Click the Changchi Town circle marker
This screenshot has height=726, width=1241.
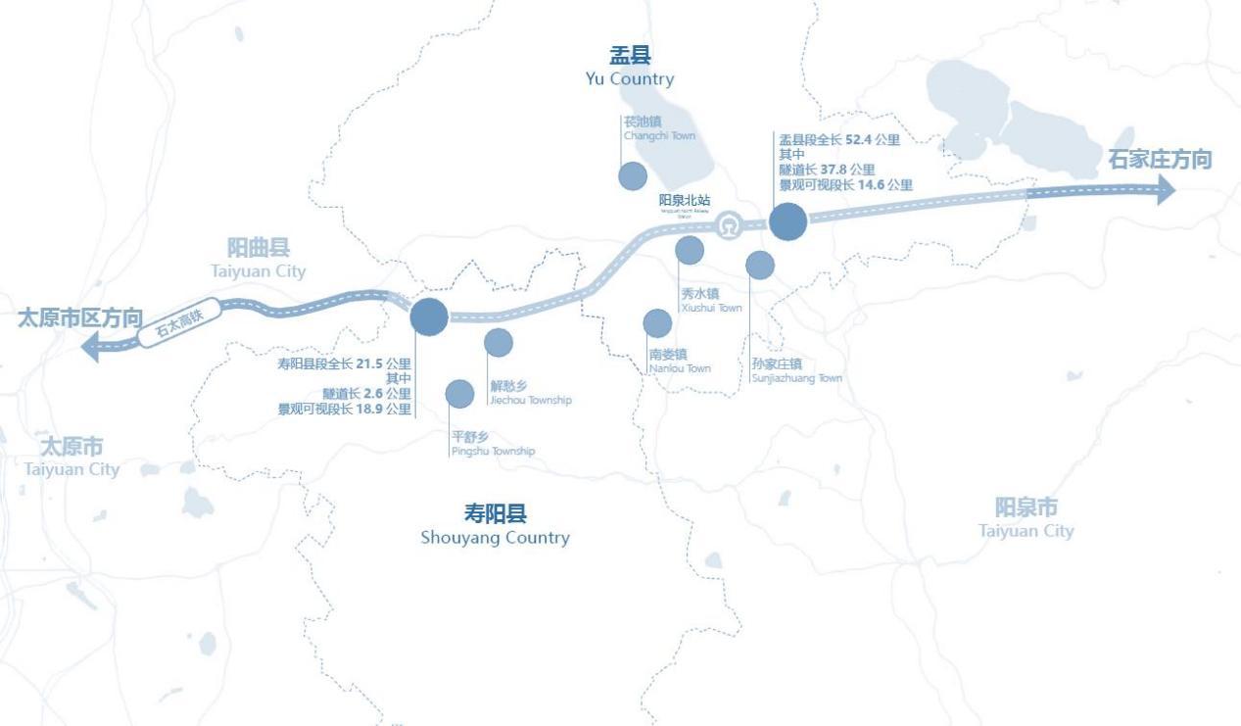click(x=633, y=176)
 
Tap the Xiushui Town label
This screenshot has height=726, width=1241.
click(x=710, y=300)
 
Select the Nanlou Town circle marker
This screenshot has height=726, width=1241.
click(x=657, y=323)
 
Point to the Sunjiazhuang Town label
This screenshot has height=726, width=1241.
click(x=795, y=370)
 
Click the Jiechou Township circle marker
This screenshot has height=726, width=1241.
click(x=499, y=343)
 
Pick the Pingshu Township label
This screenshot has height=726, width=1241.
click(x=492, y=444)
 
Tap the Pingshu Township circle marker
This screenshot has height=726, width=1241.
click(x=459, y=394)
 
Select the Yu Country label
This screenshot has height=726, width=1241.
click(x=630, y=67)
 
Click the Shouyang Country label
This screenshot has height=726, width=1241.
click(x=495, y=525)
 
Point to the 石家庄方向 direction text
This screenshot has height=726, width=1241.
click(x=1160, y=160)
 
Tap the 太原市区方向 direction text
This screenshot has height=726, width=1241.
click(x=80, y=317)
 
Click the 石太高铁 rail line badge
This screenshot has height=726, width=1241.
click(x=177, y=322)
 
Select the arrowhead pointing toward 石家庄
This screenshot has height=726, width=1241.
click(x=1165, y=190)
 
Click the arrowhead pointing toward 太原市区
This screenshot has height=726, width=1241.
click(x=90, y=346)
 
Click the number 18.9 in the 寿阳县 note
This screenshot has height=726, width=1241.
click(x=369, y=410)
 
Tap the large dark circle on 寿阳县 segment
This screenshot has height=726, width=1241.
click(x=429, y=315)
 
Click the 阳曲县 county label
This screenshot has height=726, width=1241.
click(x=259, y=248)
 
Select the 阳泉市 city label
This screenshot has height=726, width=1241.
click(x=1026, y=508)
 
